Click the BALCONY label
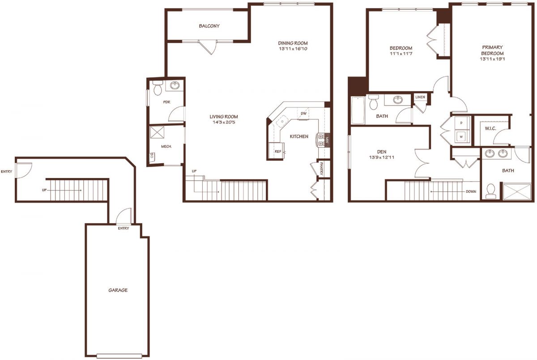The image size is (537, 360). (209, 26)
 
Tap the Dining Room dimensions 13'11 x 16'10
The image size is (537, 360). (293, 49)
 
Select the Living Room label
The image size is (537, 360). (224, 117)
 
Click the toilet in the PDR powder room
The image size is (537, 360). (158, 88)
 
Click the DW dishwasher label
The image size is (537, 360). (303, 114)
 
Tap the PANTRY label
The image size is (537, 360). (321, 169)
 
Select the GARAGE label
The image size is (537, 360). (118, 290)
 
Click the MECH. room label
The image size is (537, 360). (166, 146)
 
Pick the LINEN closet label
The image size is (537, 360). (420, 97)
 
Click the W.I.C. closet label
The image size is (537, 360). (490, 129)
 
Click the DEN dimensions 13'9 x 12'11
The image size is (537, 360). (382, 157)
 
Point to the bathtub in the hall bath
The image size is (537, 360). (358, 110)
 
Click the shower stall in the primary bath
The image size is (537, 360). (517, 191)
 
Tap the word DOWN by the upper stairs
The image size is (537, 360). (471, 191)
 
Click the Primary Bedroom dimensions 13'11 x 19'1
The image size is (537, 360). (492, 59)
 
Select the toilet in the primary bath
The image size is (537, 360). (491, 191)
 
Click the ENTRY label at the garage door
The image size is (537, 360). (124, 228)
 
